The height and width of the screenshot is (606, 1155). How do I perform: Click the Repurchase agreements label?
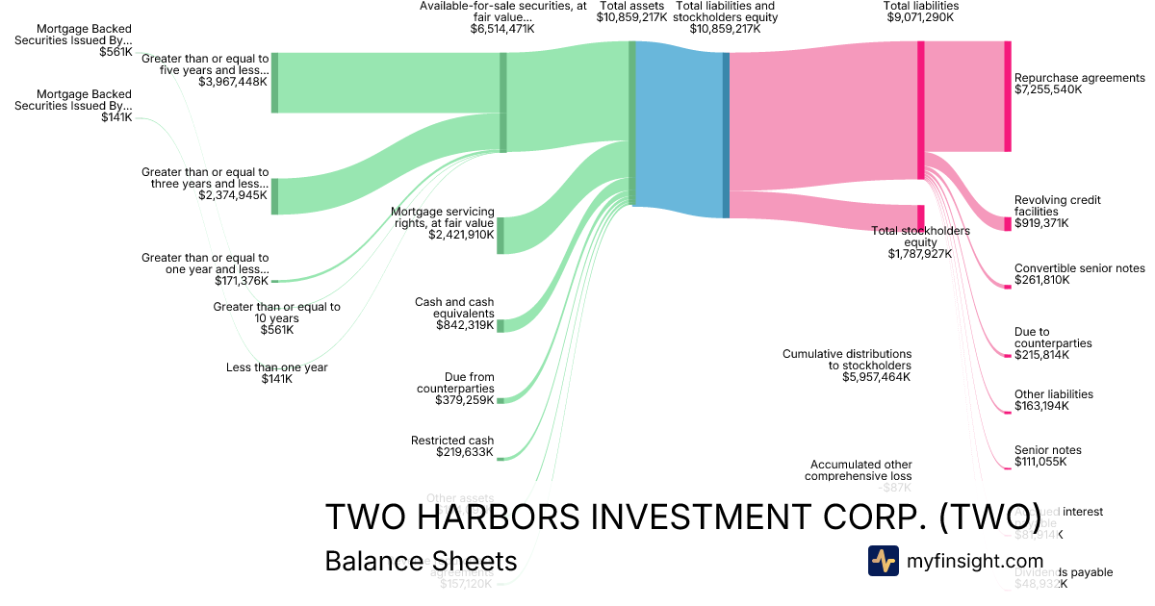[x=1079, y=78]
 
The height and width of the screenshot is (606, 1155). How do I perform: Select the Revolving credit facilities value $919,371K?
[x=1041, y=223]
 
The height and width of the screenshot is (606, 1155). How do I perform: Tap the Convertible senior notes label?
[x=1080, y=268]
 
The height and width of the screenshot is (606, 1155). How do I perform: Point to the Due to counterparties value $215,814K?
[x=1041, y=355]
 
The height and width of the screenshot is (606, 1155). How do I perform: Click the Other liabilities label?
[x=1053, y=394]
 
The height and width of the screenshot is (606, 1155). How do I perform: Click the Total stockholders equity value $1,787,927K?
[x=919, y=254]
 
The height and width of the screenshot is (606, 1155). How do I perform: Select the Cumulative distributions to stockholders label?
[x=846, y=360]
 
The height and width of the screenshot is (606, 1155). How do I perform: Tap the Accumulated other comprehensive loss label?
[x=860, y=470]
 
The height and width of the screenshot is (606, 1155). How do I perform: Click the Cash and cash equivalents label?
[x=454, y=308]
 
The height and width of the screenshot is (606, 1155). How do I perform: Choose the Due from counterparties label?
[x=455, y=383]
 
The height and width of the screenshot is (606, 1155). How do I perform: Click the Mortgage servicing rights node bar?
[x=500, y=236]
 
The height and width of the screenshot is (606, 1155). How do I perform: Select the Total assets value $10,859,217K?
[x=631, y=17]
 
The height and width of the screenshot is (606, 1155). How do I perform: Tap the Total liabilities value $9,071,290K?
[x=920, y=17]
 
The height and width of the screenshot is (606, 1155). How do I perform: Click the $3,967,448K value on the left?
[x=233, y=83]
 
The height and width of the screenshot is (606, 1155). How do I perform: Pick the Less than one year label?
[x=276, y=367]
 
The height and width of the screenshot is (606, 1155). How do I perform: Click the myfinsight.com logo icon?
[x=883, y=561]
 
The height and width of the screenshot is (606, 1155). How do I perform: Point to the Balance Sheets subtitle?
[x=421, y=562]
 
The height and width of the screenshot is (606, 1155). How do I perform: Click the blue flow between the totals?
[x=679, y=130]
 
